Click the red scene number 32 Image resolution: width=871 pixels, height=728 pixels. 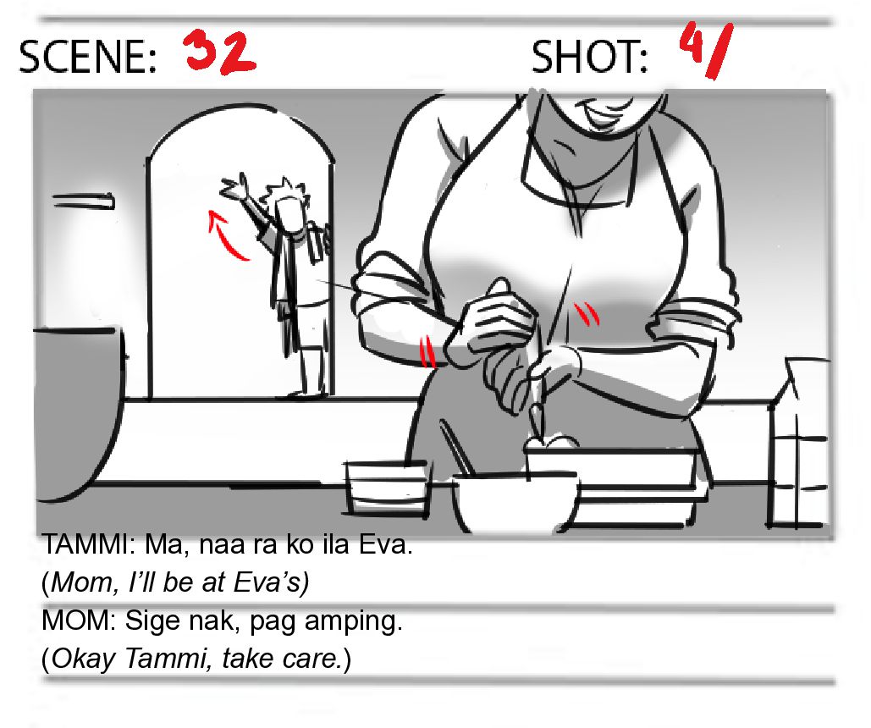pyautogui.click(x=219, y=52)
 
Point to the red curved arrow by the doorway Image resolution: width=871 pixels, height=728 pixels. pyautogui.click(x=222, y=236)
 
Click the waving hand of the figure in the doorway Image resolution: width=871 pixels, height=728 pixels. pyautogui.click(x=234, y=186)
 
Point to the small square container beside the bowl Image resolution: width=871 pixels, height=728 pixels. pyautogui.click(x=387, y=488)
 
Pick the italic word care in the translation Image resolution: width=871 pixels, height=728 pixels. pyautogui.click(x=313, y=659)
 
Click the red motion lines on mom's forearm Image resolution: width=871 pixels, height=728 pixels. pyautogui.click(x=427, y=352)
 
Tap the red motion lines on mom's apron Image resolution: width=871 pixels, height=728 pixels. pyautogui.click(x=587, y=313)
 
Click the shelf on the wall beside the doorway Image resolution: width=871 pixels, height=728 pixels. pyautogui.click(x=83, y=201)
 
